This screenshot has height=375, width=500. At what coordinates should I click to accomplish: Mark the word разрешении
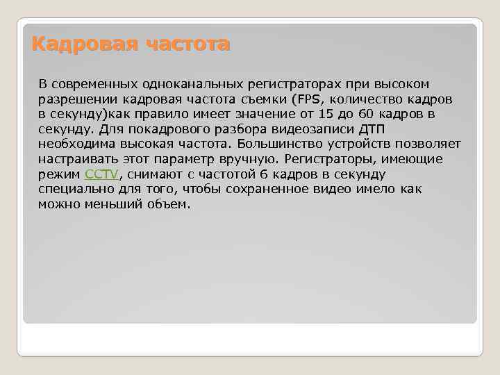(72, 99)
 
